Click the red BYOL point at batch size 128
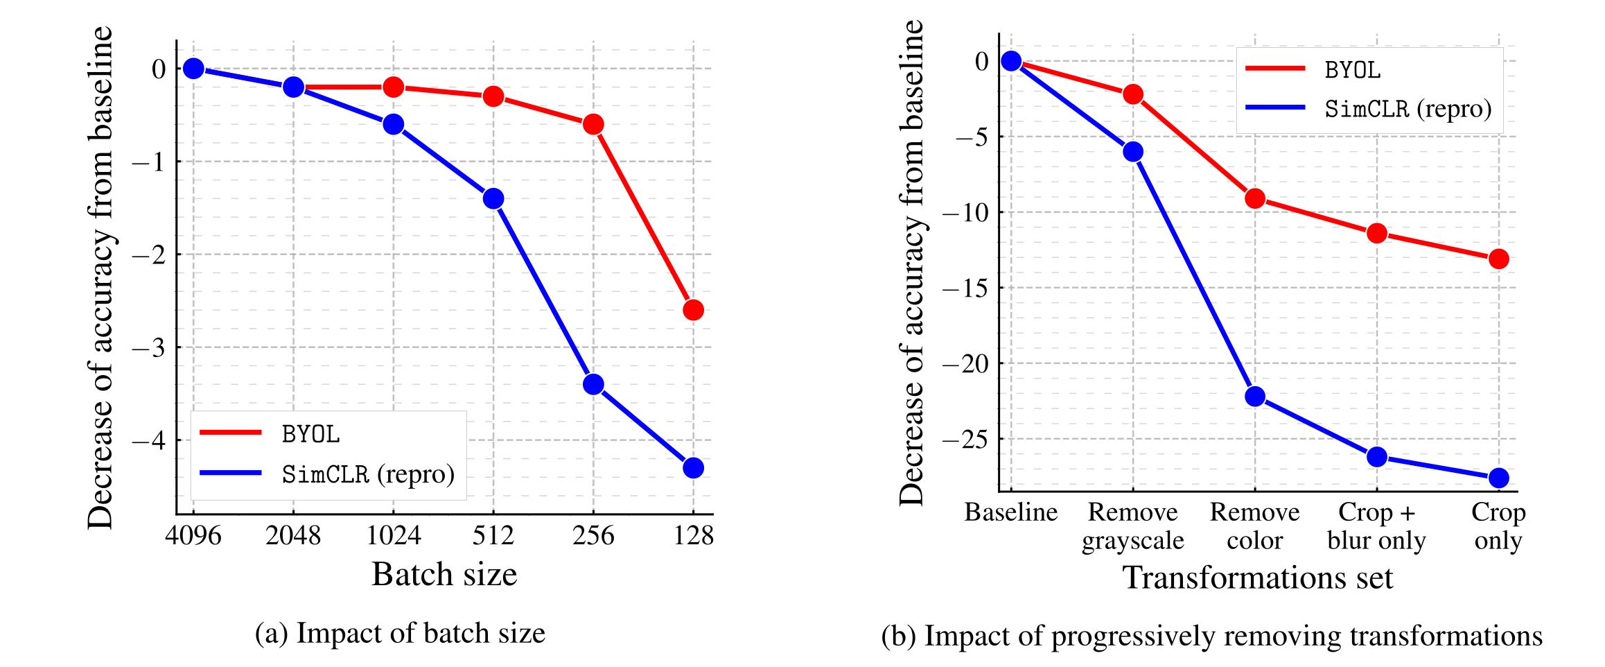[693, 310]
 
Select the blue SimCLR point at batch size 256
[593, 384]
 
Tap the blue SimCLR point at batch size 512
[493, 199]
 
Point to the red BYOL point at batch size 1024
[394, 87]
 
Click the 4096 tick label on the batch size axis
[193, 536]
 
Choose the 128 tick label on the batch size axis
[693, 536]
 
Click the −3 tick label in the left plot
[149, 347]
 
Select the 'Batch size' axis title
[444, 574]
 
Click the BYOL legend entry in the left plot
[310, 434]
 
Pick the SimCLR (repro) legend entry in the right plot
[1407, 109]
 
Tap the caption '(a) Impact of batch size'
[400, 633]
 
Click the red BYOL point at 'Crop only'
[1498, 259]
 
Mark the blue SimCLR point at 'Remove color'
[1255, 397]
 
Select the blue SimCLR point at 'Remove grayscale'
[1133, 152]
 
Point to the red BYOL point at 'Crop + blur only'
[1377, 233]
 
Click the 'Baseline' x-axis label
[1011, 512]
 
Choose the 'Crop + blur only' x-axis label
[1376, 526]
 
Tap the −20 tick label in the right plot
[966, 363]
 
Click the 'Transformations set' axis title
[1257, 578]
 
